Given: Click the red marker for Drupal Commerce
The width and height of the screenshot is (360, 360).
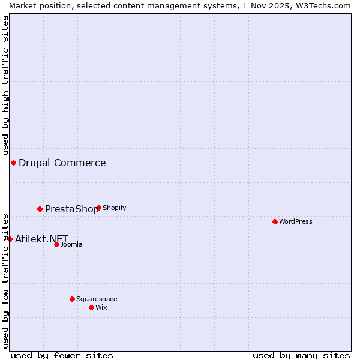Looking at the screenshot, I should [13, 163].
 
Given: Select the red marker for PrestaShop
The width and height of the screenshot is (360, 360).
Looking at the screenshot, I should [40, 209].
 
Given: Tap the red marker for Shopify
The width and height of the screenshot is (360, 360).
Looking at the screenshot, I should [98, 208].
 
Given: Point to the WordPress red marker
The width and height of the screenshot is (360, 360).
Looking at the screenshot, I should [275, 221].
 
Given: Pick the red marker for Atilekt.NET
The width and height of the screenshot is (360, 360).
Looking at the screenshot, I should [10, 239].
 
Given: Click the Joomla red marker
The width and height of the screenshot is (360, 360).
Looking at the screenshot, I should [56, 244].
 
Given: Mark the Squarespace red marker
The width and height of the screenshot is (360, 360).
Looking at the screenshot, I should [72, 299].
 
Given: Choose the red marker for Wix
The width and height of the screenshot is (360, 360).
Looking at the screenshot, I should [91, 307].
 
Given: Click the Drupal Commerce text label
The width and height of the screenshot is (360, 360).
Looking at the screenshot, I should [62, 163].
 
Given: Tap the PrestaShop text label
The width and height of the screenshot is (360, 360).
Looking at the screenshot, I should [71, 209].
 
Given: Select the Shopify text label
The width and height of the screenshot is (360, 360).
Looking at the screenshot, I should [114, 208].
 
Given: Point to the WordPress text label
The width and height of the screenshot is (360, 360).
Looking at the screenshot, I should [296, 221].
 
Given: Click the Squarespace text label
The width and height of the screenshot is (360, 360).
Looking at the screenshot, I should [97, 299].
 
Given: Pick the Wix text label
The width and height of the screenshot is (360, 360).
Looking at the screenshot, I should [101, 307].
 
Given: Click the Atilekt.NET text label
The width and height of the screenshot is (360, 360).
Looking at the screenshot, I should [41, 239].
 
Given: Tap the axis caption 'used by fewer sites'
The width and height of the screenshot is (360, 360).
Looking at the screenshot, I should [62, 355].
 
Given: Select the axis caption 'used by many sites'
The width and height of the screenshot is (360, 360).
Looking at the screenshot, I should [301, 355].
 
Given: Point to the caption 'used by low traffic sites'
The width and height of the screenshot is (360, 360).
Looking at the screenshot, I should [5, 280].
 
